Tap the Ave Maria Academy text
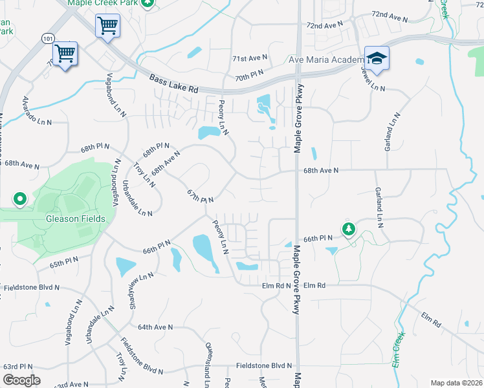[x=327, y=60]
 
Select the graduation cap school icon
[x=376, y=58]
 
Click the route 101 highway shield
[x=47, y=39]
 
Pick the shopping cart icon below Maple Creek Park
[x=107, y=27]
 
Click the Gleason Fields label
[x=75, y=219]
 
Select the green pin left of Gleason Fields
[x=19, y=200]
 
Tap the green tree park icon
[x=349, y=229]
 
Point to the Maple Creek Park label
[x=104, y=3]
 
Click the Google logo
[x=21, y=380]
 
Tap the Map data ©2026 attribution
[x=456, y=383]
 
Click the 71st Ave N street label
[x=250, y=59]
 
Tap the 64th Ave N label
[x=155, y=327]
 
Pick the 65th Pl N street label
[x=63, y=262]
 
